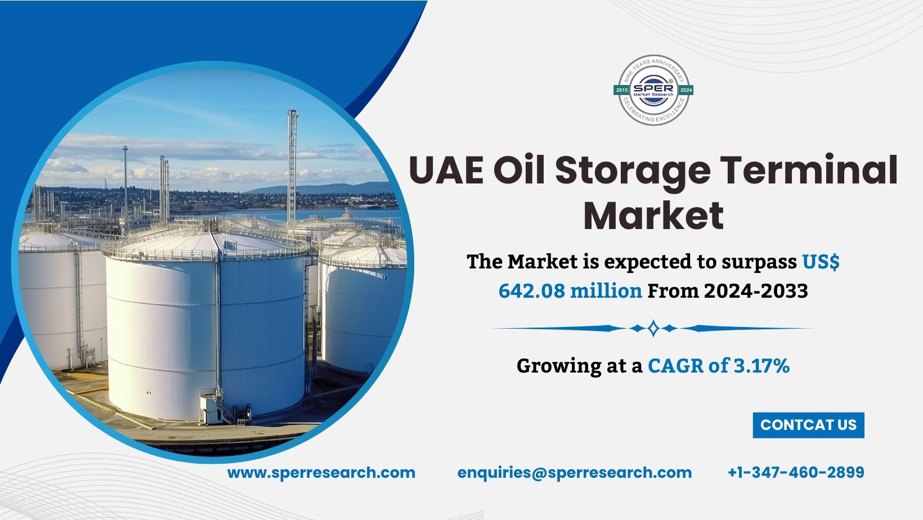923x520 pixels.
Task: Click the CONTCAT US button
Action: point(808,425)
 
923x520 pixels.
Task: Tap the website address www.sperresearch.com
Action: point(321,473)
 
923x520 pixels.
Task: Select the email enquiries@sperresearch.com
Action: point(575,473)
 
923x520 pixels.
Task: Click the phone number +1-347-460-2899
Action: point(796,473)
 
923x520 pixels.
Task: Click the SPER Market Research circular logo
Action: point(653,90)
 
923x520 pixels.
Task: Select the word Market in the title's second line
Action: point(653,216)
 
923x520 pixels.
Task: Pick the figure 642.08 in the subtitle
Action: point(531,291)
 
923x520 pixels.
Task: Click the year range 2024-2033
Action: point(756,291)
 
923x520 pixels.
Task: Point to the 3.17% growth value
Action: point(761,366)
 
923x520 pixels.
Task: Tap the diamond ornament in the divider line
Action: point(653,328)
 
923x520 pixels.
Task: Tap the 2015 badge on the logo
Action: point(622,90)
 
